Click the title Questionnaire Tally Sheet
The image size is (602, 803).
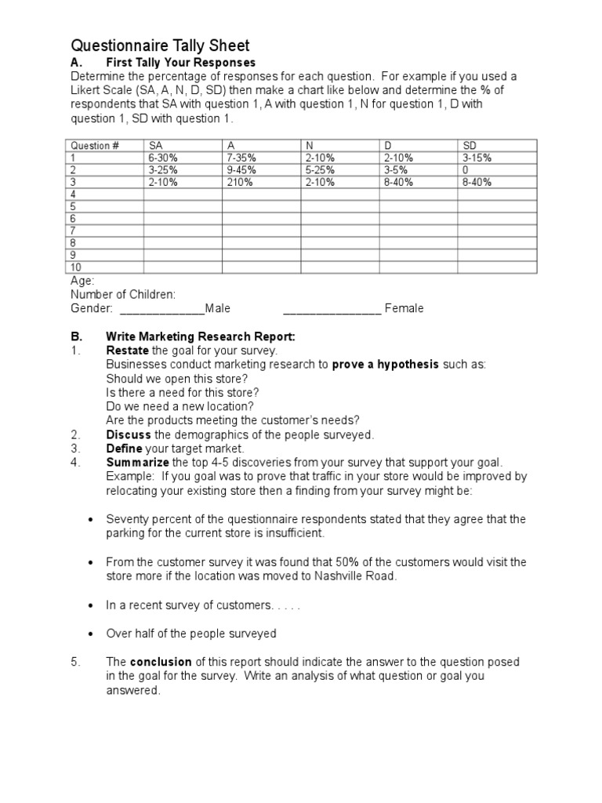(161, 46)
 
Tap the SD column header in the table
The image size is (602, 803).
(470, 145)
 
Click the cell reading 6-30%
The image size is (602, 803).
(162, 158)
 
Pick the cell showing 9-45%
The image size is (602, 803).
(241, 169)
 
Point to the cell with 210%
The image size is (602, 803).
(240, 182)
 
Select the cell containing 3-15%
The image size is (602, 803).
(477, 158)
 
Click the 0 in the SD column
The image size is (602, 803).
(466, 169)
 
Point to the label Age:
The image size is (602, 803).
(82, 280)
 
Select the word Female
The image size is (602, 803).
(404, 308)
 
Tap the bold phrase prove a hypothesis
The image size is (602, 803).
(386, 365)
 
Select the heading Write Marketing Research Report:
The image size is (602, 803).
(200, 336)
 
